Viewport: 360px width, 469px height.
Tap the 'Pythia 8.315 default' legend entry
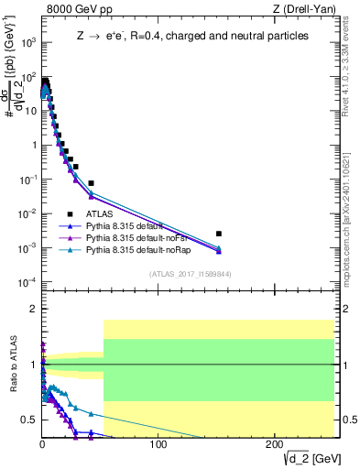click(x=127, y=225)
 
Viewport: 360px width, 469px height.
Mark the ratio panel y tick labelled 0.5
click(x=27, y=420)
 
